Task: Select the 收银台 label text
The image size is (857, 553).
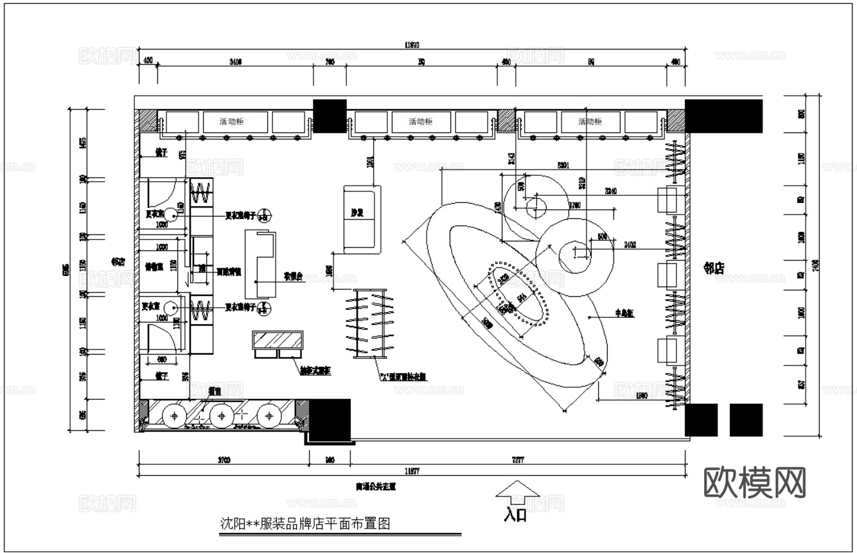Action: click(293, 276)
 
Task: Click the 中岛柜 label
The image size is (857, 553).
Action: click(624, 313)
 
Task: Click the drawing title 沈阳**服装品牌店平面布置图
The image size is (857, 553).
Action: click(305, 523)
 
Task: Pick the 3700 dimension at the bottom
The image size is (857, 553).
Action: click(224, 460)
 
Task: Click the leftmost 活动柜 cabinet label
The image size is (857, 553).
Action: click(234, 121)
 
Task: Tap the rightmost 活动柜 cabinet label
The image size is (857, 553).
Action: click(590, 121)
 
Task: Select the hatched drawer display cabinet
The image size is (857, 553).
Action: click(278, 340)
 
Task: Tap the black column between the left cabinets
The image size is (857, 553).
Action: click(330, 116)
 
